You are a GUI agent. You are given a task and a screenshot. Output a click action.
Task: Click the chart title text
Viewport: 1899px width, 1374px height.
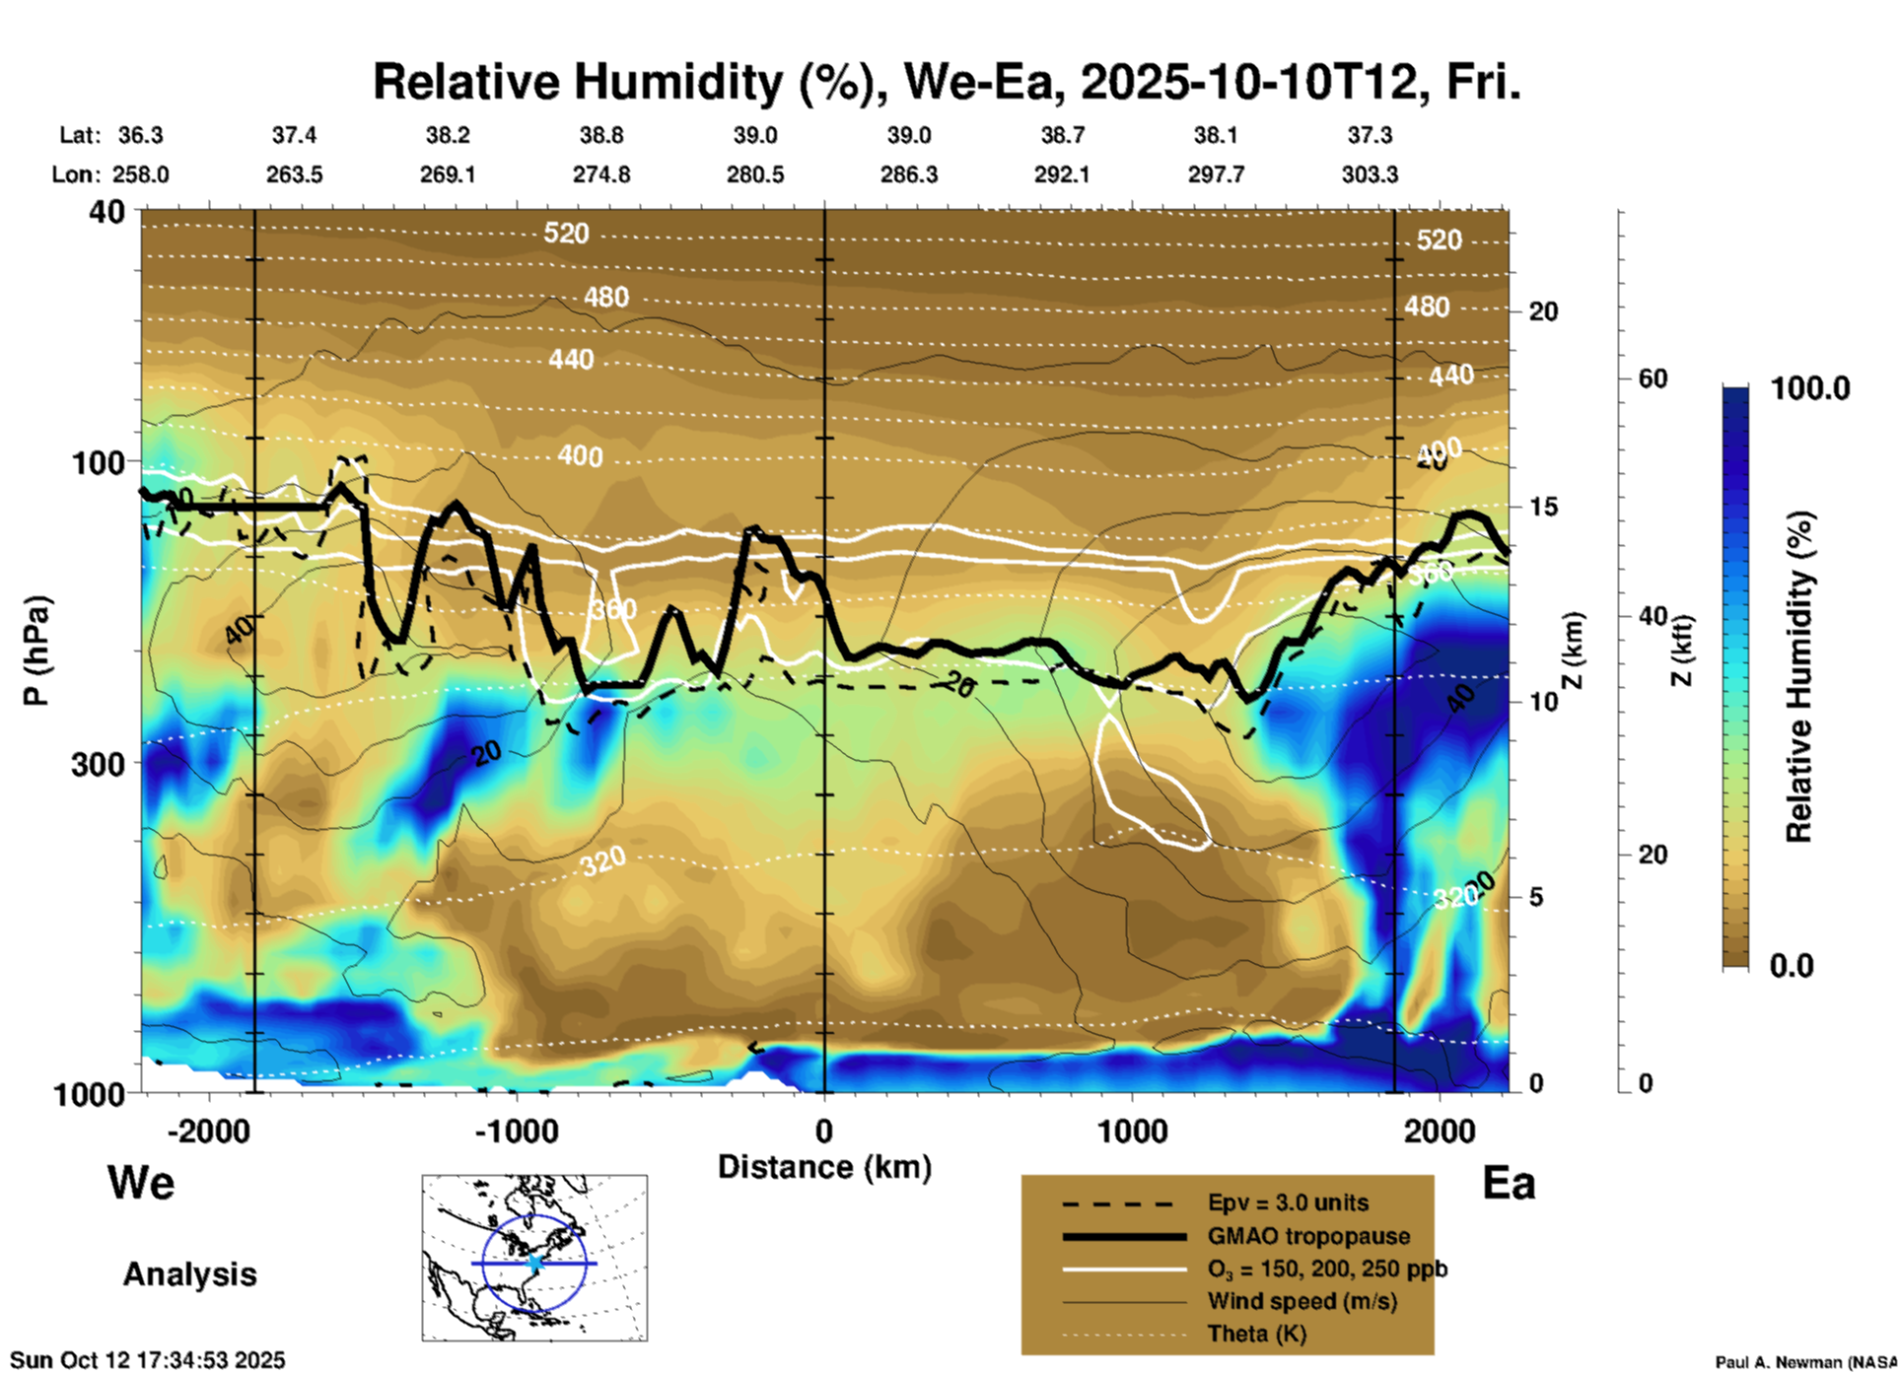pos(947,82)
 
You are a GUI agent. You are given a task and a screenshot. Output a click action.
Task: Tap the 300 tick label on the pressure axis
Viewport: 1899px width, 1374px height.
pos(99,764)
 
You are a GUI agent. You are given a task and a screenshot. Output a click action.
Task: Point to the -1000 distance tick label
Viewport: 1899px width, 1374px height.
pos(516,1131)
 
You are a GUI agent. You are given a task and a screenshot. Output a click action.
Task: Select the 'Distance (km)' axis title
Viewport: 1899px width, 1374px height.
pos(824,1167)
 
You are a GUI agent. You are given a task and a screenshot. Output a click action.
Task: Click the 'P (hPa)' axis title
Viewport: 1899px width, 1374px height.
pos(35,651)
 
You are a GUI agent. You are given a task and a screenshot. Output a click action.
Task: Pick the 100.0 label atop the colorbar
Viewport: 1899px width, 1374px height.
pos(1810,388)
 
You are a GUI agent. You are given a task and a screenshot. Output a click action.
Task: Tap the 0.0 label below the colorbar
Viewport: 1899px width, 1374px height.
pos(1791,965)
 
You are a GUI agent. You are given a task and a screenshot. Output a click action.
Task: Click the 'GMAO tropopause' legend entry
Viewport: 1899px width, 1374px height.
pos(1308,1236)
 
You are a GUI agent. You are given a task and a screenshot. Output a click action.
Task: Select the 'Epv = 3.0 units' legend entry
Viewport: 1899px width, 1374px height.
pos(1288,1202)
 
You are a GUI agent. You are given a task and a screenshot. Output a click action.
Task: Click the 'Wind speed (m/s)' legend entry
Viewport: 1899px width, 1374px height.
pos(1301,1301)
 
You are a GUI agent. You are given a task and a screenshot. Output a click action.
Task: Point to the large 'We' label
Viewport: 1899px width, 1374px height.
pos(141,1183)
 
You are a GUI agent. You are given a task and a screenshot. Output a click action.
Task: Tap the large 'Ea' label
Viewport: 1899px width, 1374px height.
pos(1509,1183)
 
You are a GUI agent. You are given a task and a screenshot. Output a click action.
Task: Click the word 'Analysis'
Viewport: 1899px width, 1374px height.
pos(189,1274)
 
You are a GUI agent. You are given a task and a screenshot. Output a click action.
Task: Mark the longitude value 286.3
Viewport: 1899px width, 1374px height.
pos(908,174)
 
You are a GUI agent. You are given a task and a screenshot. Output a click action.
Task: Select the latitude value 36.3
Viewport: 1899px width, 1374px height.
pos(140,135)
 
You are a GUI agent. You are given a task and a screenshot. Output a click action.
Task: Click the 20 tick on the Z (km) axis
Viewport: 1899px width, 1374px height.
pos(1543,311)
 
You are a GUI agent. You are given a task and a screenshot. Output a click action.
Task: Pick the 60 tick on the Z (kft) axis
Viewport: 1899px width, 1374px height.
pos(1653,378)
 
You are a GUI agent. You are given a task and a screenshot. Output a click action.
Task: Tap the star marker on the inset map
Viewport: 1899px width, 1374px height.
pos(534,1263)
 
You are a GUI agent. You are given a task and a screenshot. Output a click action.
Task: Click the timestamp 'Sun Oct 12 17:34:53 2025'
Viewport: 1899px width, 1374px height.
pos(148,1360)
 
